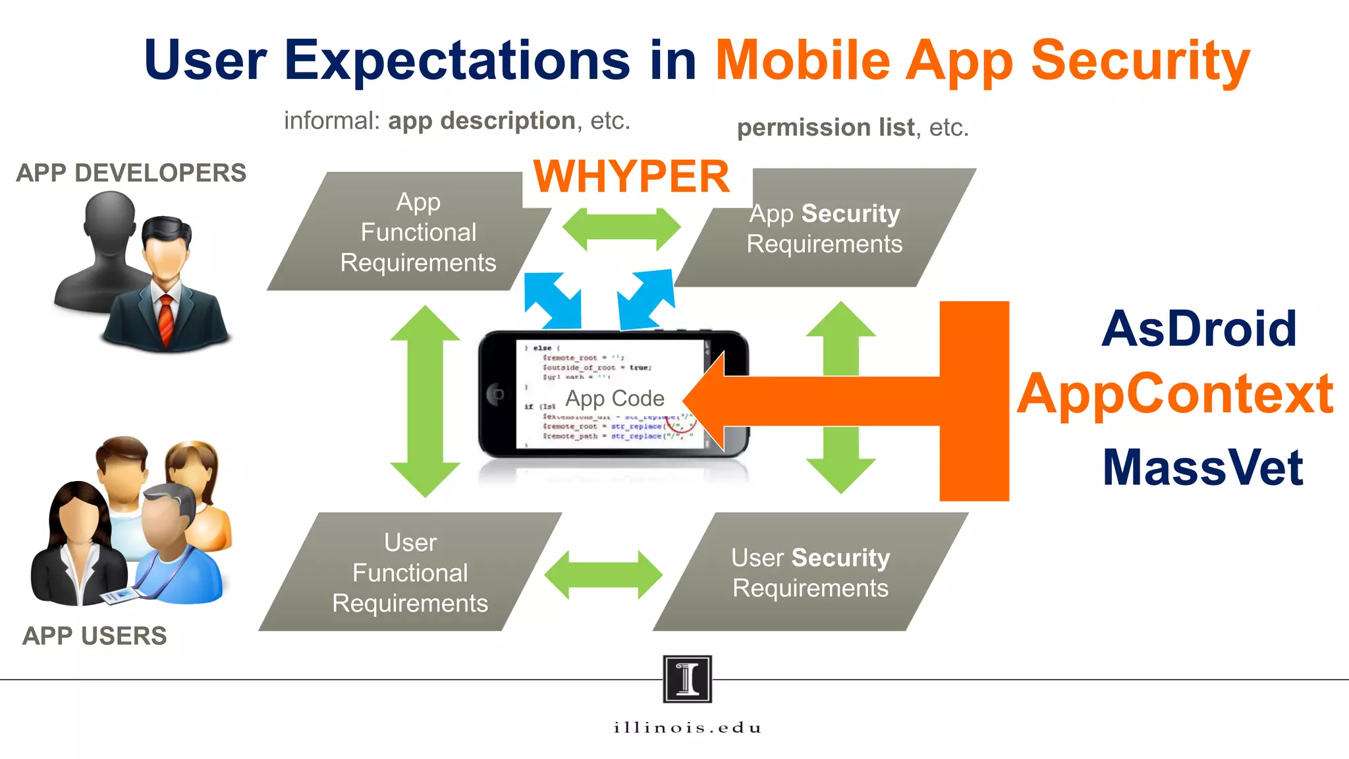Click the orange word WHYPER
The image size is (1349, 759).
631,177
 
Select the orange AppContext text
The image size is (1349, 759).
1176,394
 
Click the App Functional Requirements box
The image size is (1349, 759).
418,232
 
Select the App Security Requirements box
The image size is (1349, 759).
824,229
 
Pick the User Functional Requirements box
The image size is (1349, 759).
410,573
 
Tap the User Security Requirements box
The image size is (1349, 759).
810,573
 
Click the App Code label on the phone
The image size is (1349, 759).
615,399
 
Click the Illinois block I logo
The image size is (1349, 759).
687,679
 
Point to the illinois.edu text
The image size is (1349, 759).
687,727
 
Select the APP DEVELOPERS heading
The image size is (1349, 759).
131,173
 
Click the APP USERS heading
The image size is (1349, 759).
94,636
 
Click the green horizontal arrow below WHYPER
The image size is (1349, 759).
620,229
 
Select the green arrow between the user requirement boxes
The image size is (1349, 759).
603,575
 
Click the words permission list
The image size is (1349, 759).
825,127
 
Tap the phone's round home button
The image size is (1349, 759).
496,394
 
